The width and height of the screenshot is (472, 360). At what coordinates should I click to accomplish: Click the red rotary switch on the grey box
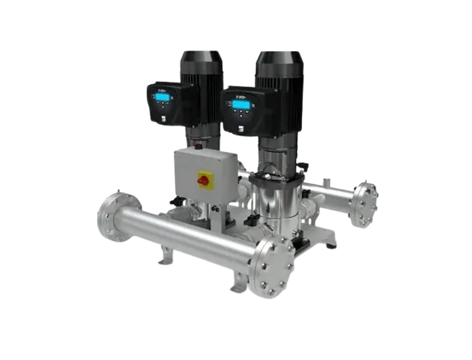tap(204, 178)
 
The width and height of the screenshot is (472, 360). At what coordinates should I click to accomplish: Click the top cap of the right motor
tap(279, 57)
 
